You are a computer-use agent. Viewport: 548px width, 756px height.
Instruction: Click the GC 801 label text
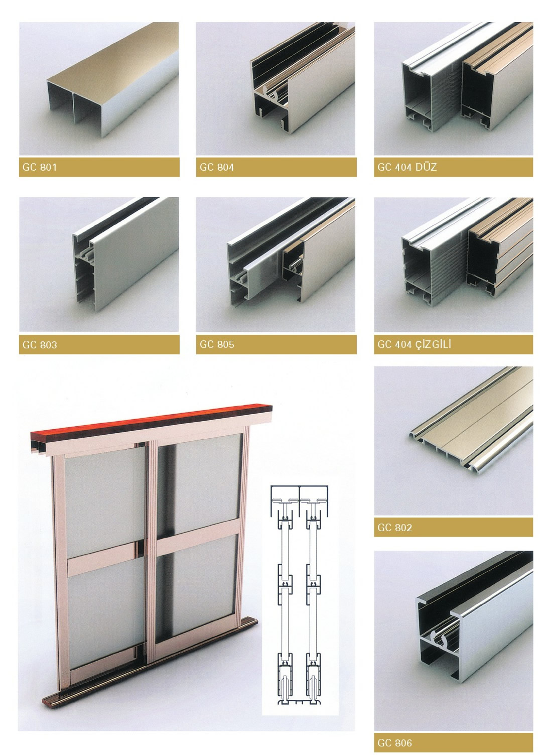click(40, 167)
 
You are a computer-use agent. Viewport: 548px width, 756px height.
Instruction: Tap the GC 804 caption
click(217, 167)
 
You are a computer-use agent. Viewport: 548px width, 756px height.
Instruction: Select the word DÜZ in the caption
click(426, 166)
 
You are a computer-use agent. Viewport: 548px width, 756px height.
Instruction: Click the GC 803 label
click(40, 344)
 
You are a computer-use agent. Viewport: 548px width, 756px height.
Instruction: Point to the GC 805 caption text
click(217, 344)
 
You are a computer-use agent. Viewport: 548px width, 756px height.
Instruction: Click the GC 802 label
click(394, 528)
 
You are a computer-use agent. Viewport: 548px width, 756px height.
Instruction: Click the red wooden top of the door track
click(152, 419)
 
